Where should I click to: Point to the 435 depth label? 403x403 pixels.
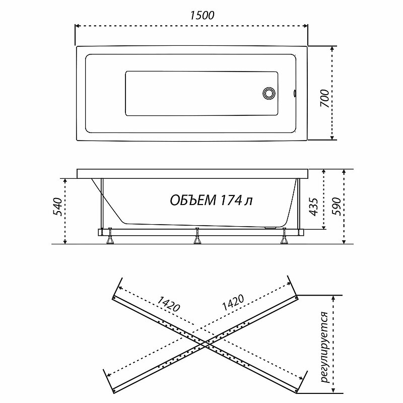pos(312,207)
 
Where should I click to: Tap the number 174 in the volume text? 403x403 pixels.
pos(229,200)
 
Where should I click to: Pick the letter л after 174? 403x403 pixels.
pos(248,200)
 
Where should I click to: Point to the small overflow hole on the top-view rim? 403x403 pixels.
pos(295,93)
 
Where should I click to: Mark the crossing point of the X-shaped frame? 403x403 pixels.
pos(204,343)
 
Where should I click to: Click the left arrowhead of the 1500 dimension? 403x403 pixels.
pos(77,25)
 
